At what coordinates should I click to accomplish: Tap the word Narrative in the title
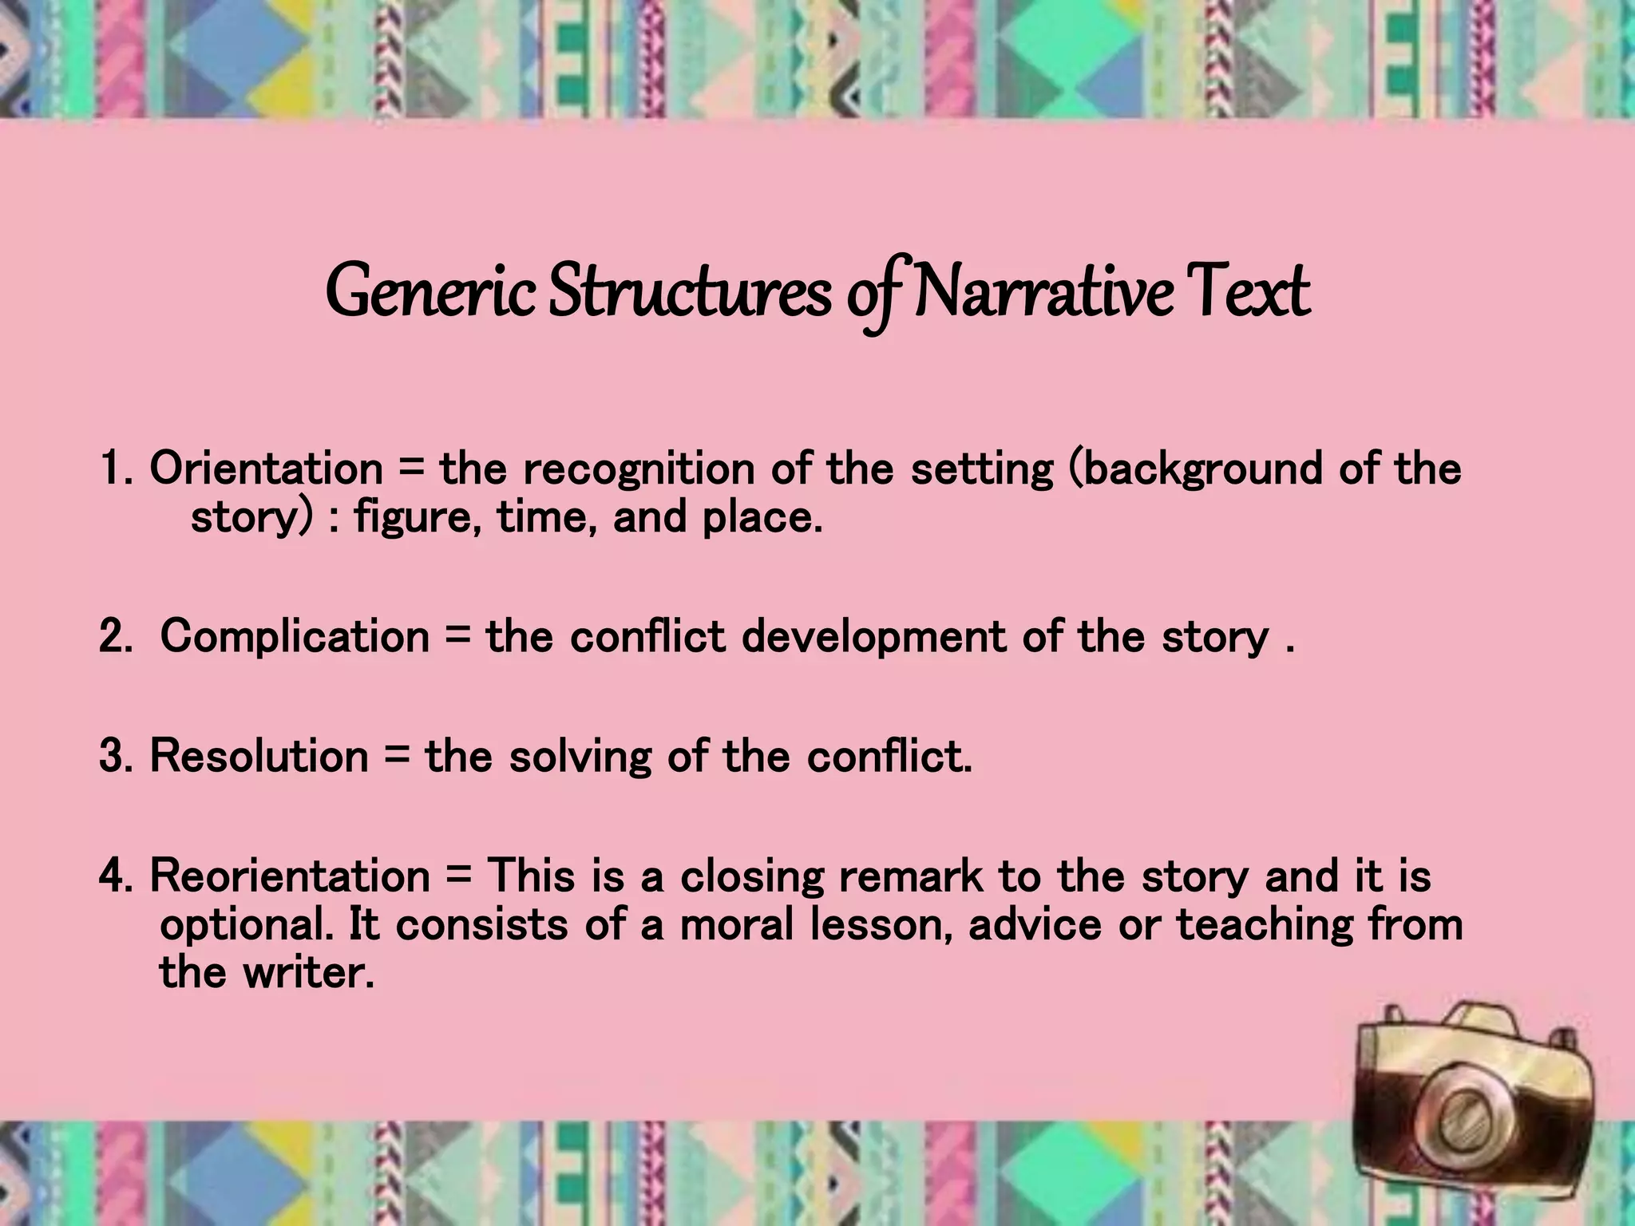pyautogui.click(x=1043, y=292)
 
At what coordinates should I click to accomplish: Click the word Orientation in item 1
pyautogui.click(x=266, y=469)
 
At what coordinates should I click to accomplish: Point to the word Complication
pyautogui.click(x=295, y=638)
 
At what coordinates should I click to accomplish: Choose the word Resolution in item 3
pyautogui.click(x=259, y=756)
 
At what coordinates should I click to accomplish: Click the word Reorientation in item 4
pyautogui.click(x=290, y=876)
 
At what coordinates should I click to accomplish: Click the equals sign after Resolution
pyautogui.click(x=397, y=757)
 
